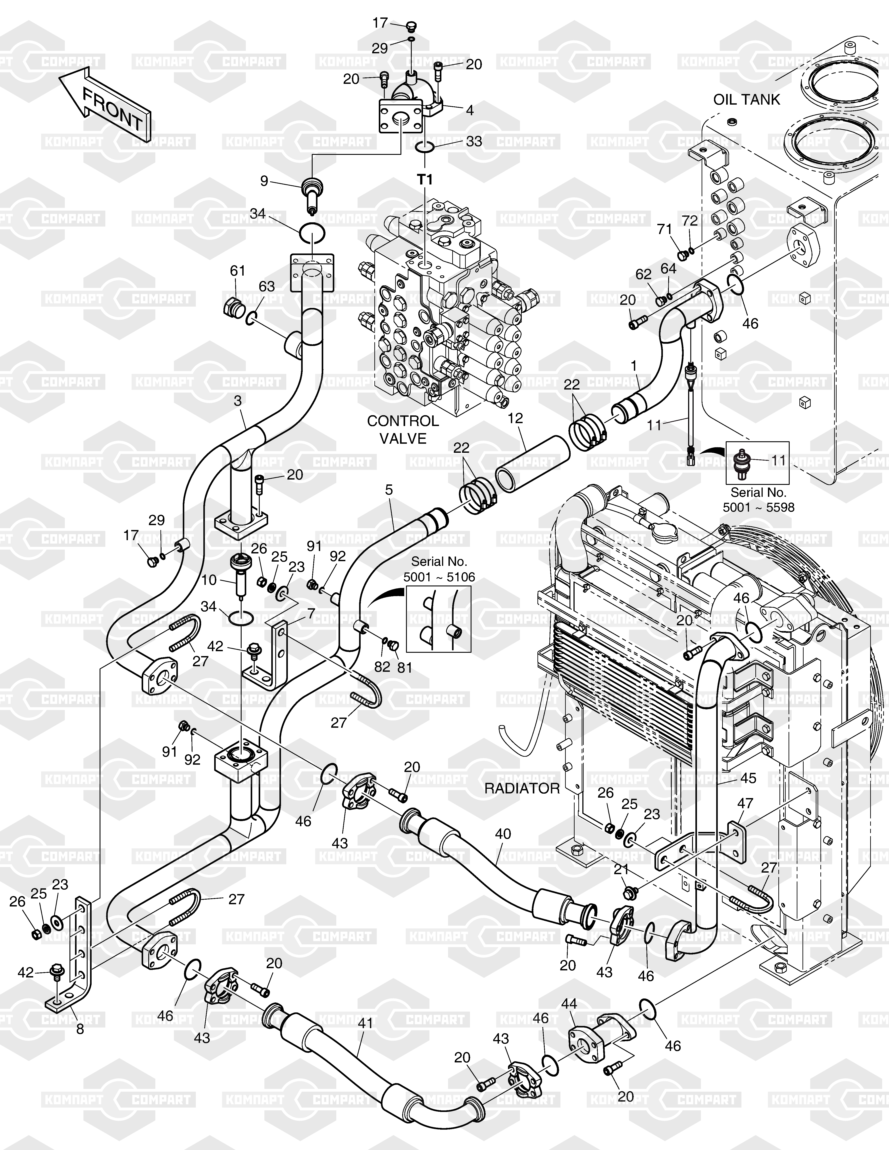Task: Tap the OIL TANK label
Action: click(746, 100)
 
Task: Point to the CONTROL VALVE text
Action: click(403, 429)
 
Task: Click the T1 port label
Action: click(425, 180)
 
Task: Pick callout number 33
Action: click(474, 142)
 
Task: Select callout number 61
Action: click(238, 271)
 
